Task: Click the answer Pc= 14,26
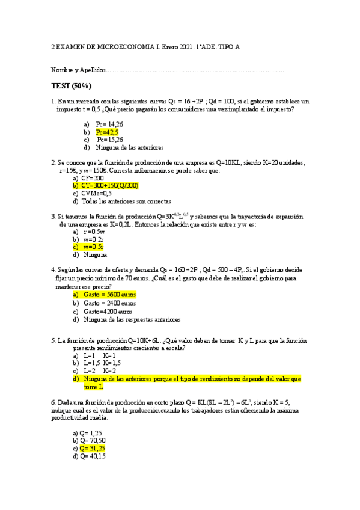[x=109, y=123]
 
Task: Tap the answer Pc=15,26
[x=110, y=139]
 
